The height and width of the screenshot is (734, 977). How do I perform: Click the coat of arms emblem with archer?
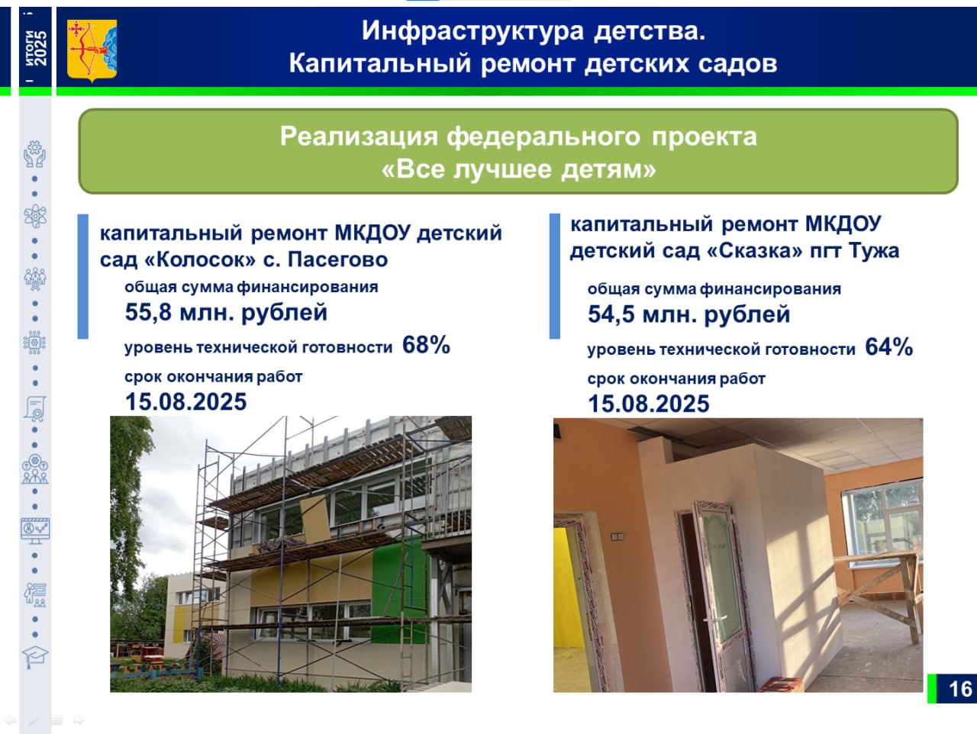92,50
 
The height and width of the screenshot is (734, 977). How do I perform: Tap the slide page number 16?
960,689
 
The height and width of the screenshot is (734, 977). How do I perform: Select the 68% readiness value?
426,345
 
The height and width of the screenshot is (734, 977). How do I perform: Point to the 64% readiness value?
889,347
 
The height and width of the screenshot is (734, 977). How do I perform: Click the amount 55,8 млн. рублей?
226,312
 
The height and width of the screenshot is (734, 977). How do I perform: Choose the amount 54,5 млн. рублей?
689,314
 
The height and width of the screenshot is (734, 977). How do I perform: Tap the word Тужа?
874,251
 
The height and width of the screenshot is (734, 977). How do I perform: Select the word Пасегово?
338,259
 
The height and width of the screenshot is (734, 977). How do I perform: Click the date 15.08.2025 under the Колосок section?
186,401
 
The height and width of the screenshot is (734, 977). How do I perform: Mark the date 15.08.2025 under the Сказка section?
649,404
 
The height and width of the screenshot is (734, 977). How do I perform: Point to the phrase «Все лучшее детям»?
518,169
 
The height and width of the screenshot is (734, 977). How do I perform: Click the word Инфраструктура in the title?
472,31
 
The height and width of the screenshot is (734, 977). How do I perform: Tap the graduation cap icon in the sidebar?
35,657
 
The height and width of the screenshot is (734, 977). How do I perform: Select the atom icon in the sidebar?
35,216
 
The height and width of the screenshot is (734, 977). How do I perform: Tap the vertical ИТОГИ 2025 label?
35,48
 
